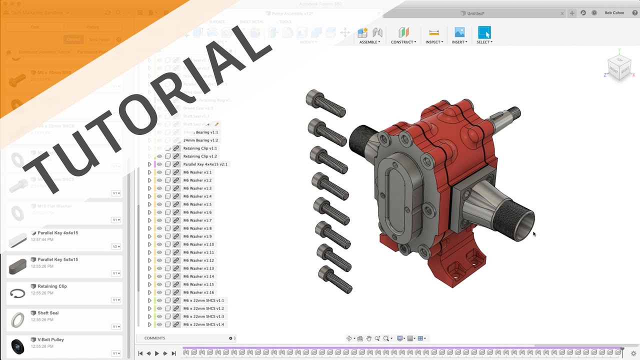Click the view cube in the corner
pos(618,67)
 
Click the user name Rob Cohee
pos(614,13)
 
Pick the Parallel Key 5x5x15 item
pos(57,259)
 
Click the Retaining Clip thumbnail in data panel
pos(17,293)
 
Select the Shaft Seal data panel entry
pos(48,313)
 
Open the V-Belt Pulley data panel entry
pos(50,339)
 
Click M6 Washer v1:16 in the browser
pos(198,292)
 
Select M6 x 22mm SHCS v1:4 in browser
pos(203,324)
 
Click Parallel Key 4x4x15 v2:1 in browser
pos(205,164)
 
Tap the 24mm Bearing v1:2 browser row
pos(200,140)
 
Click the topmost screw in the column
pos(325,103)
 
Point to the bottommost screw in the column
pos(335,279)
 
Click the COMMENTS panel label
pos(154,338)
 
